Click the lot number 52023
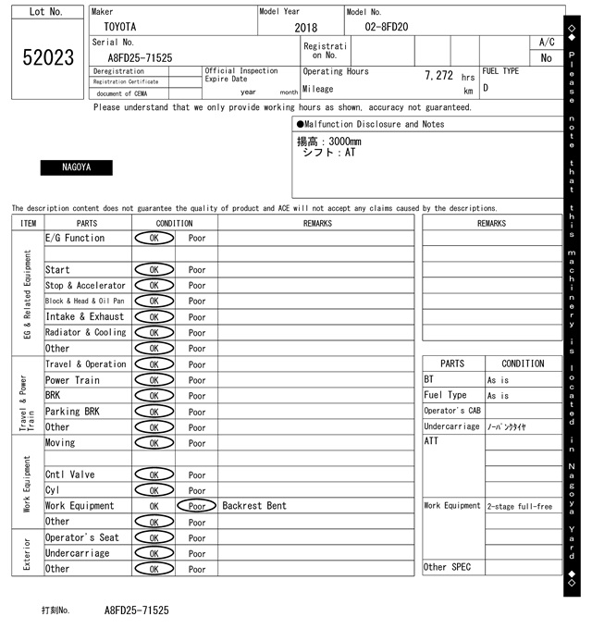coord(47,57)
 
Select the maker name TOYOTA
coord(119,27)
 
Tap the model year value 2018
coord(305,28)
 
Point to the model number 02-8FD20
coord(386,27)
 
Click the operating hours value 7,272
coord(438,75)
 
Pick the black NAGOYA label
coord(76,167)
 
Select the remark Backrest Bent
coord(254,506)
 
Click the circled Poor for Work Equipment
coord(197,506)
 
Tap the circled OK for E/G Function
coord(154,238)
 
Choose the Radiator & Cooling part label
coord(85,332)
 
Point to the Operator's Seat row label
coord(81,537)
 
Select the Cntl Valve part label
coord(69,475)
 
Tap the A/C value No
coord(546,57)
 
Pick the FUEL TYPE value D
coord(486,89)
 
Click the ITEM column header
coord(28,223)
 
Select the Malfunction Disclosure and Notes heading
coord(370,124)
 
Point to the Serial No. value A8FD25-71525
coord(133,57)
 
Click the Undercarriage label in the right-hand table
coord(451,426)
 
